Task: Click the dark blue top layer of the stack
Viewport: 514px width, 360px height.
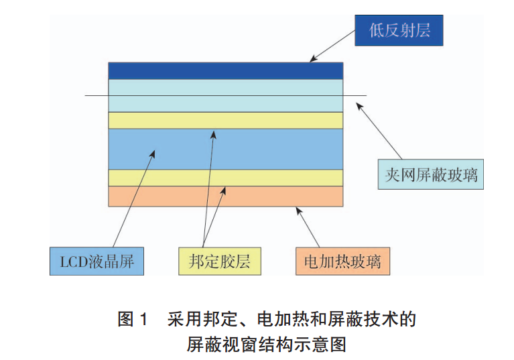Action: pos(226,70)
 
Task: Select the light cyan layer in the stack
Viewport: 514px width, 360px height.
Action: pos(226,87)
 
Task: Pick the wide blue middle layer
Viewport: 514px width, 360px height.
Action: pos(268,148)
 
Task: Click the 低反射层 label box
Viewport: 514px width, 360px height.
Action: pos(399,30)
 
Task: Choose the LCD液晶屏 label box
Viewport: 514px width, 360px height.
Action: pos(97,261)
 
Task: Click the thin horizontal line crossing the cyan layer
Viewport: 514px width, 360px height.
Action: pos(94,95)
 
